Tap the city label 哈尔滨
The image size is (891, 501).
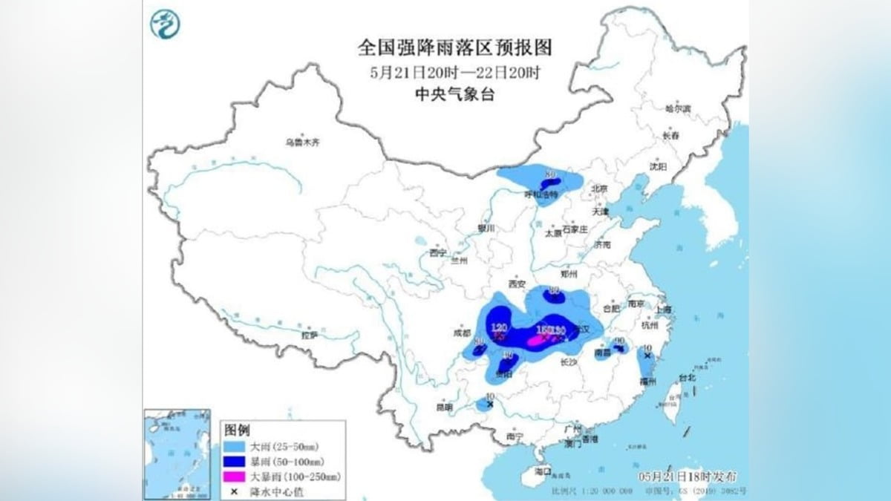[677, 108]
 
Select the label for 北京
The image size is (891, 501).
[600, 189]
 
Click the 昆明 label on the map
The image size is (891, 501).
[443, 407]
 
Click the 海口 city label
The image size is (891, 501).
[544, 470]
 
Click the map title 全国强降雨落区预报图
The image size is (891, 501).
[455, 48]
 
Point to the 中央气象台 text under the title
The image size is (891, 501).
[455, 94]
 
